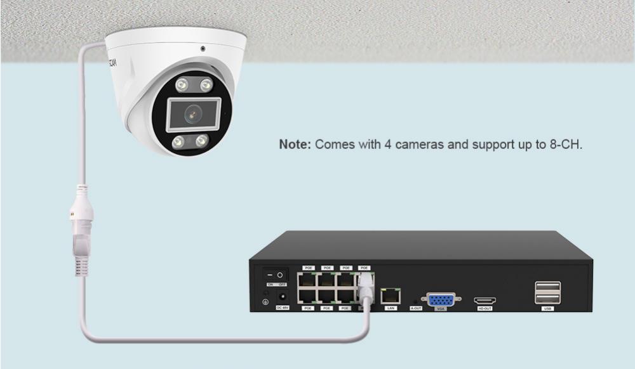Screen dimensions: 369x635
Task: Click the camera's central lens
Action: (x=192, y=114)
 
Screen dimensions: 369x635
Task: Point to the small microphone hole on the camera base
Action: (x=203, y=48)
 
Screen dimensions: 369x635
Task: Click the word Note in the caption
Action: (x=295, y=145)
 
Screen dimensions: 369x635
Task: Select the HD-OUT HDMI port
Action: (x=485, y=300)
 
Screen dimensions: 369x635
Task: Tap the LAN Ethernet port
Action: (x=390, y=295)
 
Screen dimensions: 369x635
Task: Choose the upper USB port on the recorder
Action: (x=547, y=287)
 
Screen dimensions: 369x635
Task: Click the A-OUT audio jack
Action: (x=416, y=300)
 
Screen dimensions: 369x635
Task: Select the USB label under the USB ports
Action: (x=547, y=309)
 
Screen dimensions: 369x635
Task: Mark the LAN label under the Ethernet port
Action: (x=390, y=308)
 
